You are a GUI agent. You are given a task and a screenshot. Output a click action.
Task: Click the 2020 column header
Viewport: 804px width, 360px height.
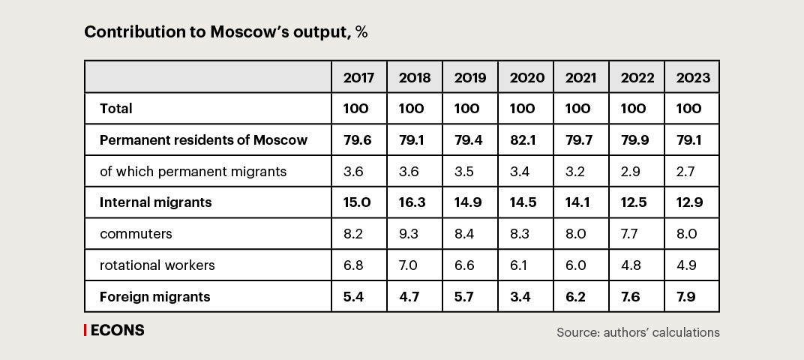526,77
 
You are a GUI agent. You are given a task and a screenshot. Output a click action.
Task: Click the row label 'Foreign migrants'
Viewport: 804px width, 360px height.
154,297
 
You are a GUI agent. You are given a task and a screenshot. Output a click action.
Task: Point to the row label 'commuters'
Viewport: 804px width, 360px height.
136,234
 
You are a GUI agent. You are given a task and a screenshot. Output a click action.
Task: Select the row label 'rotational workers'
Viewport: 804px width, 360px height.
157,265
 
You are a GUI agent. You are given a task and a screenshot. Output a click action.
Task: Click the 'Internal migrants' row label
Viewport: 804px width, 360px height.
155,202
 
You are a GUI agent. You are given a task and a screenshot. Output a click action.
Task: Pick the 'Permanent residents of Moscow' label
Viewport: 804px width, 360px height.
203,140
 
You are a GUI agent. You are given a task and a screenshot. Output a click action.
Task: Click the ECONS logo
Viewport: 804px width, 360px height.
114,330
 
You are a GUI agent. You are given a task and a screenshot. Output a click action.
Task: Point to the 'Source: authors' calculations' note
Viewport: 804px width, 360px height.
637,331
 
